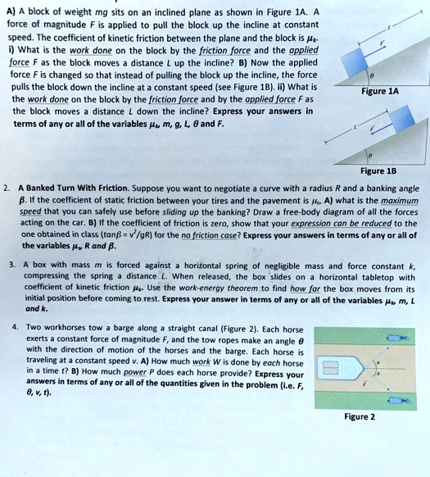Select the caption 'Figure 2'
pos(360,416)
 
